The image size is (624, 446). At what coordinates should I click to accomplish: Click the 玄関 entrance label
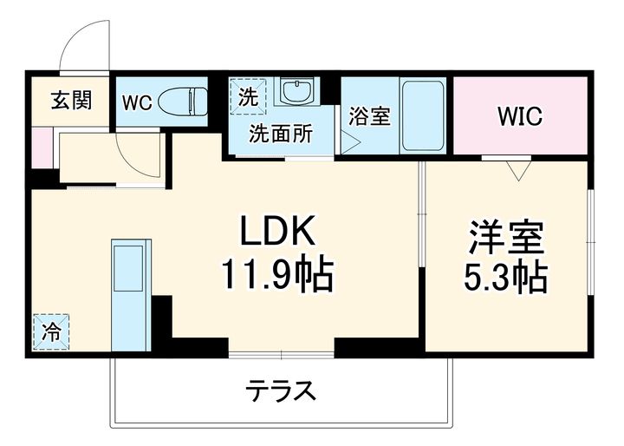pos(69,101)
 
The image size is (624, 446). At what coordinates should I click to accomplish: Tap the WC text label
pos(136,102)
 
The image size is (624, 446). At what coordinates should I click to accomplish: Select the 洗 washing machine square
pos(244,95)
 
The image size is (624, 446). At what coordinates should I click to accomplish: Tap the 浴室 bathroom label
pos(369,116)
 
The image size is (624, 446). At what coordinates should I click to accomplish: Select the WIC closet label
pos(520,116)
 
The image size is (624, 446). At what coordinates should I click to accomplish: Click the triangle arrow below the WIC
pos(519,170)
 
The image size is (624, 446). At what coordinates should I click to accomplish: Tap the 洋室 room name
pos(507,237)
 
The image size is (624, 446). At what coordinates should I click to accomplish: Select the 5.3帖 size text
pos(507,278)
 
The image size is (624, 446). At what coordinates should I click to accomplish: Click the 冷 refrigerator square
pos(52,331)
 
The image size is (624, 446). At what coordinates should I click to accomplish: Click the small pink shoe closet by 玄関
pos(39,148)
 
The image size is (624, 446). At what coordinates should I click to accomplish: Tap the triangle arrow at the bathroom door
pos(348,142)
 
